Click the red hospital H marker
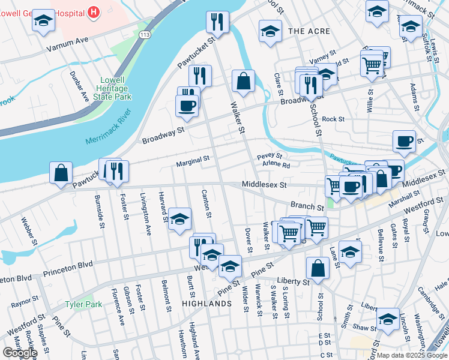(94, 11)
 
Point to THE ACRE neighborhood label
(309, 31)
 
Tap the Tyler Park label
(83, 304)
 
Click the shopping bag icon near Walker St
(243, 82)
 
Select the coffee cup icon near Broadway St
(186, 105)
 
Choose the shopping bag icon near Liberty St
(318, 268)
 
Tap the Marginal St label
(192, 160)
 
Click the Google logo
(19, 353)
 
